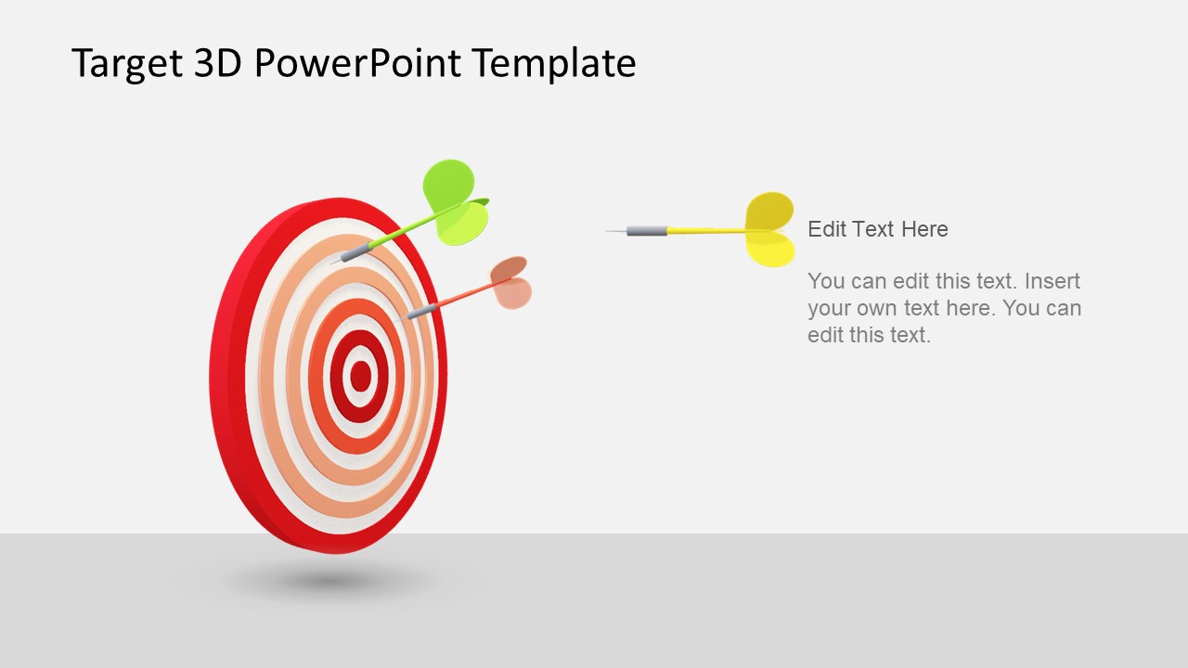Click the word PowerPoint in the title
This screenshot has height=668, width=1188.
pos(357,64)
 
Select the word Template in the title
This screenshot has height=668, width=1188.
pos(553,64)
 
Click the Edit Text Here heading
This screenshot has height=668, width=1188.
pos(877,229)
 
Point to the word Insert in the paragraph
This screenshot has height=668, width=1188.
pos(1052,281)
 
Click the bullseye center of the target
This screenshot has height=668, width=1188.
pos(360,376)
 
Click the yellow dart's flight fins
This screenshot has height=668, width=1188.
pos(770,229)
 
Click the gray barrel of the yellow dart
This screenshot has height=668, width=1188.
pos(647,230)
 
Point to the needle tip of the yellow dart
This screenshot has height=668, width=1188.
pos(611,231)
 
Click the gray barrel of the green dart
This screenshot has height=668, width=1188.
pos(355,252)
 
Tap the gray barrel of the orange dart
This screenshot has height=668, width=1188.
pos(421,311)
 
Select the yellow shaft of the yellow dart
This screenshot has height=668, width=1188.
pos(705,230)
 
